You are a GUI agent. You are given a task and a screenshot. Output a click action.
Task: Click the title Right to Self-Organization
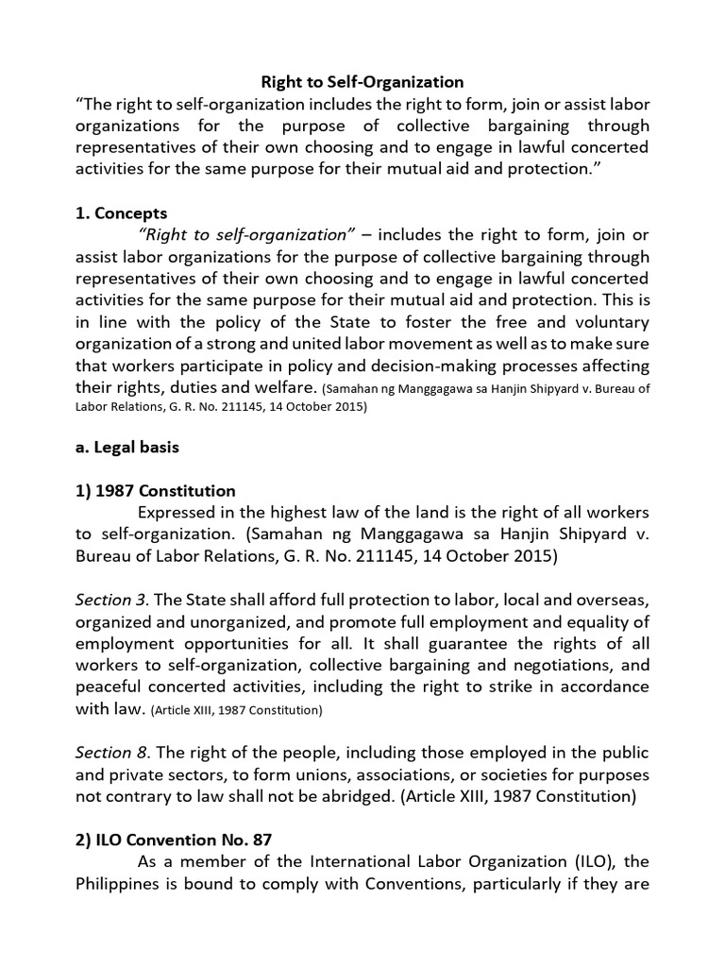[362, 83]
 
